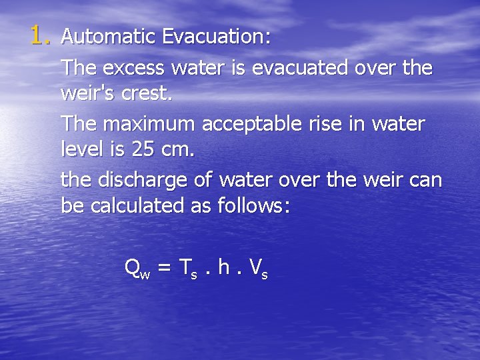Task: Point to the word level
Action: click(81, 149)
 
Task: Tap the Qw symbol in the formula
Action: click(137, 269)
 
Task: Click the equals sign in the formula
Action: click(165, 268)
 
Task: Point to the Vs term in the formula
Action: click(258, 269)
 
